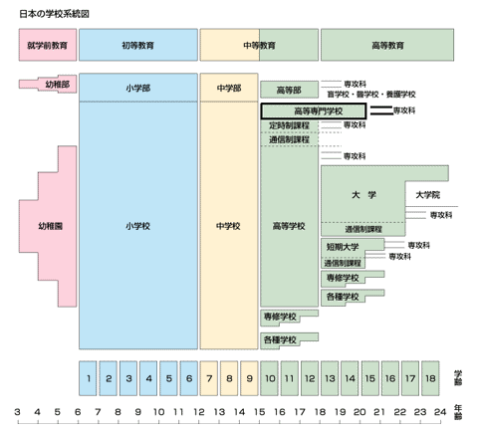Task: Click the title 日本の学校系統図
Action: (x=54, y=14)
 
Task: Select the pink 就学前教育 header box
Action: (x=48, y=45)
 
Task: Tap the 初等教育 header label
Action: (x=138, y=45)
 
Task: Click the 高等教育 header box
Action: (x=387, y=45)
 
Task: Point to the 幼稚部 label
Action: (x=58, y=85)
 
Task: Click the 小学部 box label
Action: (x=138, y=89)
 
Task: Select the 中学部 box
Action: (x=229, y=88)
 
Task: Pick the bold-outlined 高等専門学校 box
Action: (x=314, y=111)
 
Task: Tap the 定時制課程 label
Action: (x=289, y=125)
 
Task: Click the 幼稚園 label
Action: (x=51, y=226)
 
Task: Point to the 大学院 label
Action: (x=428, y=195)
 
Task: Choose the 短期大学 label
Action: (x=343, y=247)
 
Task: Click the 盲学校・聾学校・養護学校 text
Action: (x=371, y=95)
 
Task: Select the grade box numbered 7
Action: (x=209, y=378)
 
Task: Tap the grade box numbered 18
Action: (x=430, y=378)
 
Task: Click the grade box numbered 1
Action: (x=88, y=378)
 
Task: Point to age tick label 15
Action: (x=260, y=412)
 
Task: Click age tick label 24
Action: (x=440, y=412)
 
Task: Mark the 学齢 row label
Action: (x=458, y=378)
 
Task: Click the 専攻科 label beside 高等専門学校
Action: (x=404, y=110)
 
